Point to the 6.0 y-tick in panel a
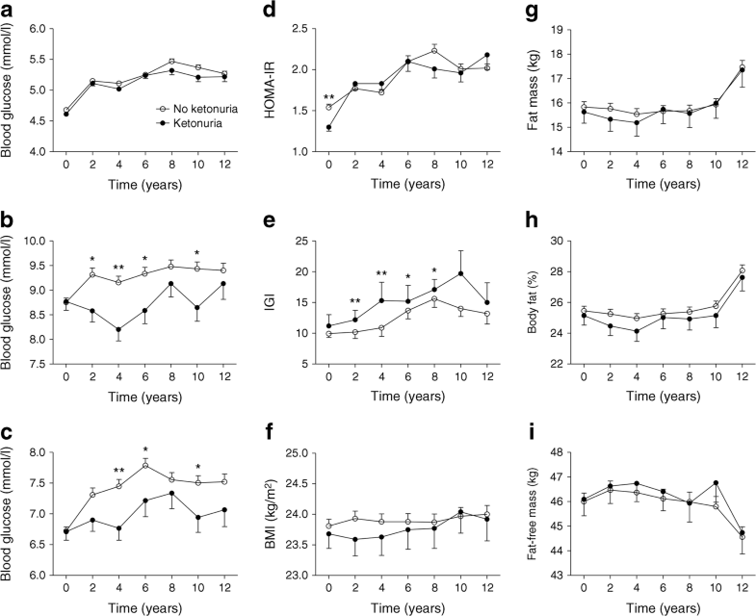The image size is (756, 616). (39, 29)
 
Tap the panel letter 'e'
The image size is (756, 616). (261, 218)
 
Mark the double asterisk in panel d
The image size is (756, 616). (302, 97)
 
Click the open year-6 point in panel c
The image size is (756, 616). (145, 465)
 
